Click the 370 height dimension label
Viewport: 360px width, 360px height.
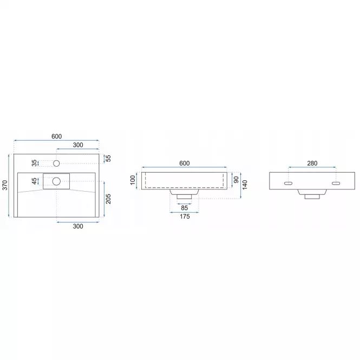[5, 185]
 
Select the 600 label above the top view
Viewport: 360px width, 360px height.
[56, 136]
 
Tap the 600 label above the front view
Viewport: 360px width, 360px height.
[185, 163]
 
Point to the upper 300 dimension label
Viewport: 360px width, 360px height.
[78, 145]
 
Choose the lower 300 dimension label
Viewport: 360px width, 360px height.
[78, 226]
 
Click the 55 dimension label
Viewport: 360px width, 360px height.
[108, 159]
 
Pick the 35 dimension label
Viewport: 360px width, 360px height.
[34, 163]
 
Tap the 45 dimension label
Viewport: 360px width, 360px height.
[34, 181]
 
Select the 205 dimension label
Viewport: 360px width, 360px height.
[108, 199]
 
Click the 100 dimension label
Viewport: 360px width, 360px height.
[133, 180]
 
